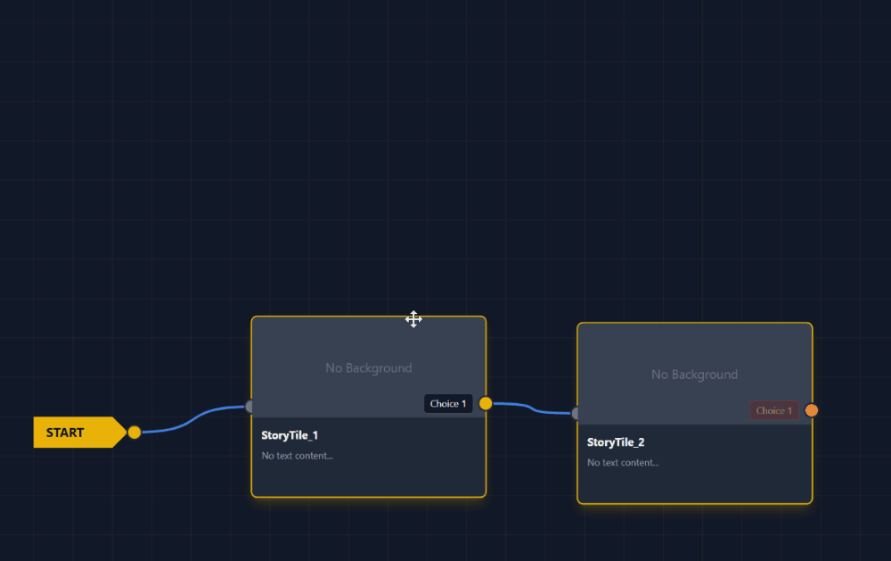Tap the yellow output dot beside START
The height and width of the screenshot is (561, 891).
coord(135,433)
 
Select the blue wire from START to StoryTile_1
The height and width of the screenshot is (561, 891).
coord(192,417)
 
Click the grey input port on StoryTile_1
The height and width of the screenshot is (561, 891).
coord(249,407)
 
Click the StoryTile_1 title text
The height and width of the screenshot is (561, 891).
coord(290,435)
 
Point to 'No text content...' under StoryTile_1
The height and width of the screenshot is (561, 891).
coord(297,456)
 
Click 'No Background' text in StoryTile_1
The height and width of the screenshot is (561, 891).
coord(368,367)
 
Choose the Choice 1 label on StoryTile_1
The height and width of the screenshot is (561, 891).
coord(448,404)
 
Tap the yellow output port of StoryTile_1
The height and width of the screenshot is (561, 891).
coord(486,403)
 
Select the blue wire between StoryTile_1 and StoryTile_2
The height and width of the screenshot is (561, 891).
coord(532,408)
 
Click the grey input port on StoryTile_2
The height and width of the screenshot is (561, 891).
coord(576,413)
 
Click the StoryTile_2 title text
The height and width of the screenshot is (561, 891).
coord(616,442)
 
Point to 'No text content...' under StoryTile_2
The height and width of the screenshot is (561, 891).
coord(623,463)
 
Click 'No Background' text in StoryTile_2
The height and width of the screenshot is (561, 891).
coord(694,375)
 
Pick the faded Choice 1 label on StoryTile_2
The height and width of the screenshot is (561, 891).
coord(773,411)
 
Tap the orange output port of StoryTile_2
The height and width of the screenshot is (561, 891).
coord(812,410)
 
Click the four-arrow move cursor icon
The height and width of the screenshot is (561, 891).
coord(413,319)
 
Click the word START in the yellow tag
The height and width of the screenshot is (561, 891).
coord(65,433)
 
